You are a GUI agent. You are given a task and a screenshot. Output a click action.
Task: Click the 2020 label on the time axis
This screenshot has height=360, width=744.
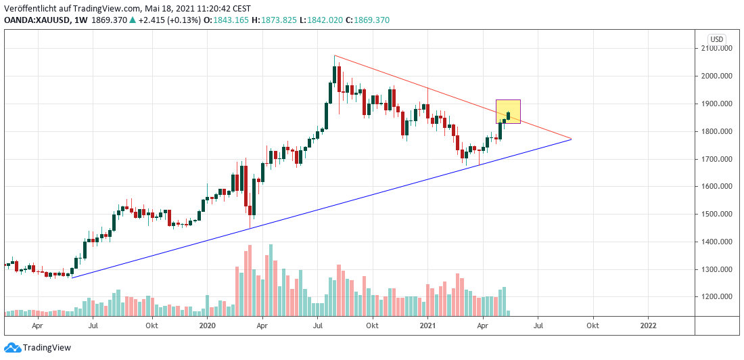pos(207,325)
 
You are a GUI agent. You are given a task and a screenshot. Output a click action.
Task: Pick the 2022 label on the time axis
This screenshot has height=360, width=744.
pos(648,325)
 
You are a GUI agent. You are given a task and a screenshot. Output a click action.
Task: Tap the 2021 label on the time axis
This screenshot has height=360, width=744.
pos(427,325)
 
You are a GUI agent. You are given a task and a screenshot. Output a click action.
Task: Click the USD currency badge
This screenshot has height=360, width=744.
pos(717,39)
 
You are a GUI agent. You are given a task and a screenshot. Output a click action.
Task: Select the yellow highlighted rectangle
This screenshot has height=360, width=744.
pos(508,111)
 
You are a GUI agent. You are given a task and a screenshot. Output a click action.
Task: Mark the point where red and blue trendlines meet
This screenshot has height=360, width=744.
pos(572,139)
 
